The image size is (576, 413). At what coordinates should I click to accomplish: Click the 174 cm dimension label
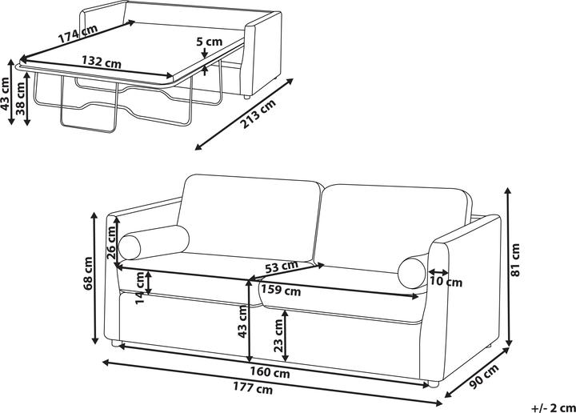point(78,32)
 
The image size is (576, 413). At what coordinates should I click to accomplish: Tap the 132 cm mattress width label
point(102,62)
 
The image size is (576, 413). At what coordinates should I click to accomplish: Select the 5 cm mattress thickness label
point(210,41)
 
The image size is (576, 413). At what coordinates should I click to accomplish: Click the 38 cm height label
point(20,98)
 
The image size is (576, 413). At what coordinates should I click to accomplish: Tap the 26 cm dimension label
point(111,243)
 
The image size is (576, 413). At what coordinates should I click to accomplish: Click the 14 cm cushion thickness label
point(141,288)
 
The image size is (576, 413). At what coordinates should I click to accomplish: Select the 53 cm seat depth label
point(282,267)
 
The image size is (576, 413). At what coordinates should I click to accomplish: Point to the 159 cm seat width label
point(281,291)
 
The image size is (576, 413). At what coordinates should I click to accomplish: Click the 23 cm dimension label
point(279,335)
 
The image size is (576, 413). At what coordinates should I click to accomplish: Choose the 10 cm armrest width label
point(446,283)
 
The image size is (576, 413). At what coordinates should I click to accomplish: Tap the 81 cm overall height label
point(515,260)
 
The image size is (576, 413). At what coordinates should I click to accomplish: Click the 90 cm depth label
point(485,376)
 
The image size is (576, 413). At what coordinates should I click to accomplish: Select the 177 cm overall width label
point(253,387)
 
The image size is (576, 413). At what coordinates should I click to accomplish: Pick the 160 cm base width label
point(270,372)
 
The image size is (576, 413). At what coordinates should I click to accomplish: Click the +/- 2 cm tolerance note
point(554,407)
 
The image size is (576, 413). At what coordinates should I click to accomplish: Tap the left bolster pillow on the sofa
point(154,243)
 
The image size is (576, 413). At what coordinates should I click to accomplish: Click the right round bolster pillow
point(412,272)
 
